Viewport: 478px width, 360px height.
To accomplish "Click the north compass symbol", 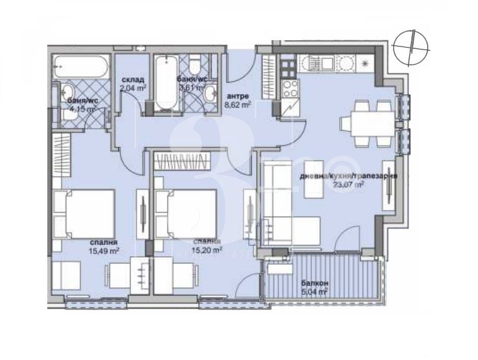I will [x=413, y=47].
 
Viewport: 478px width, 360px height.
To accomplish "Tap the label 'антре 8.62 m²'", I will [x=238, y=101].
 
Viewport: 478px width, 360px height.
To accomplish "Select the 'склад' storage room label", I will [x=133, y=80].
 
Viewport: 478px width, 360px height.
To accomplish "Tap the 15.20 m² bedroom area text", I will [x=206, y=250].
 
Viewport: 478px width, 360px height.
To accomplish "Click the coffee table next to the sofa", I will [x=313, y=178].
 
